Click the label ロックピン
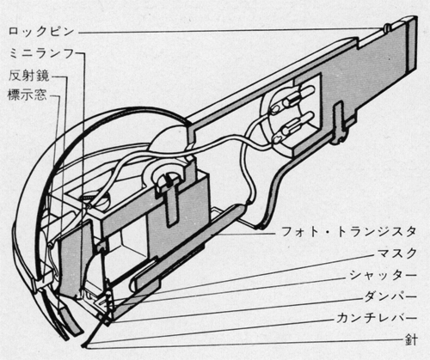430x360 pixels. [x=41, y=31]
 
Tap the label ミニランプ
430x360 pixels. [x=42, y=53]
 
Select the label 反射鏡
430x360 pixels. [x=29, y=76]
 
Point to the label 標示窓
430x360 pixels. [x=28, y=95]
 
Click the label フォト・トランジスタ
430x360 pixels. [x=348, y=231]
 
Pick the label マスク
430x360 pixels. [x=396, y=253]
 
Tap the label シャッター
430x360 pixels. [x=383, y=275]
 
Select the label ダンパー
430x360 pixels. [x=390, y=296]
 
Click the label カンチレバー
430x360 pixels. [x=377, y=318]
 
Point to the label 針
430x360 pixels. [x=411, y=340]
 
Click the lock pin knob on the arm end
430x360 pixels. [x=387, y=27]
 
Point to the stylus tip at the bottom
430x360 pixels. [x=83, y=345]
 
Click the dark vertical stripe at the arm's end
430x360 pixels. [x=413, y=45]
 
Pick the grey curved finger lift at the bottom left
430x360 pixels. [x=70, y=320]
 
